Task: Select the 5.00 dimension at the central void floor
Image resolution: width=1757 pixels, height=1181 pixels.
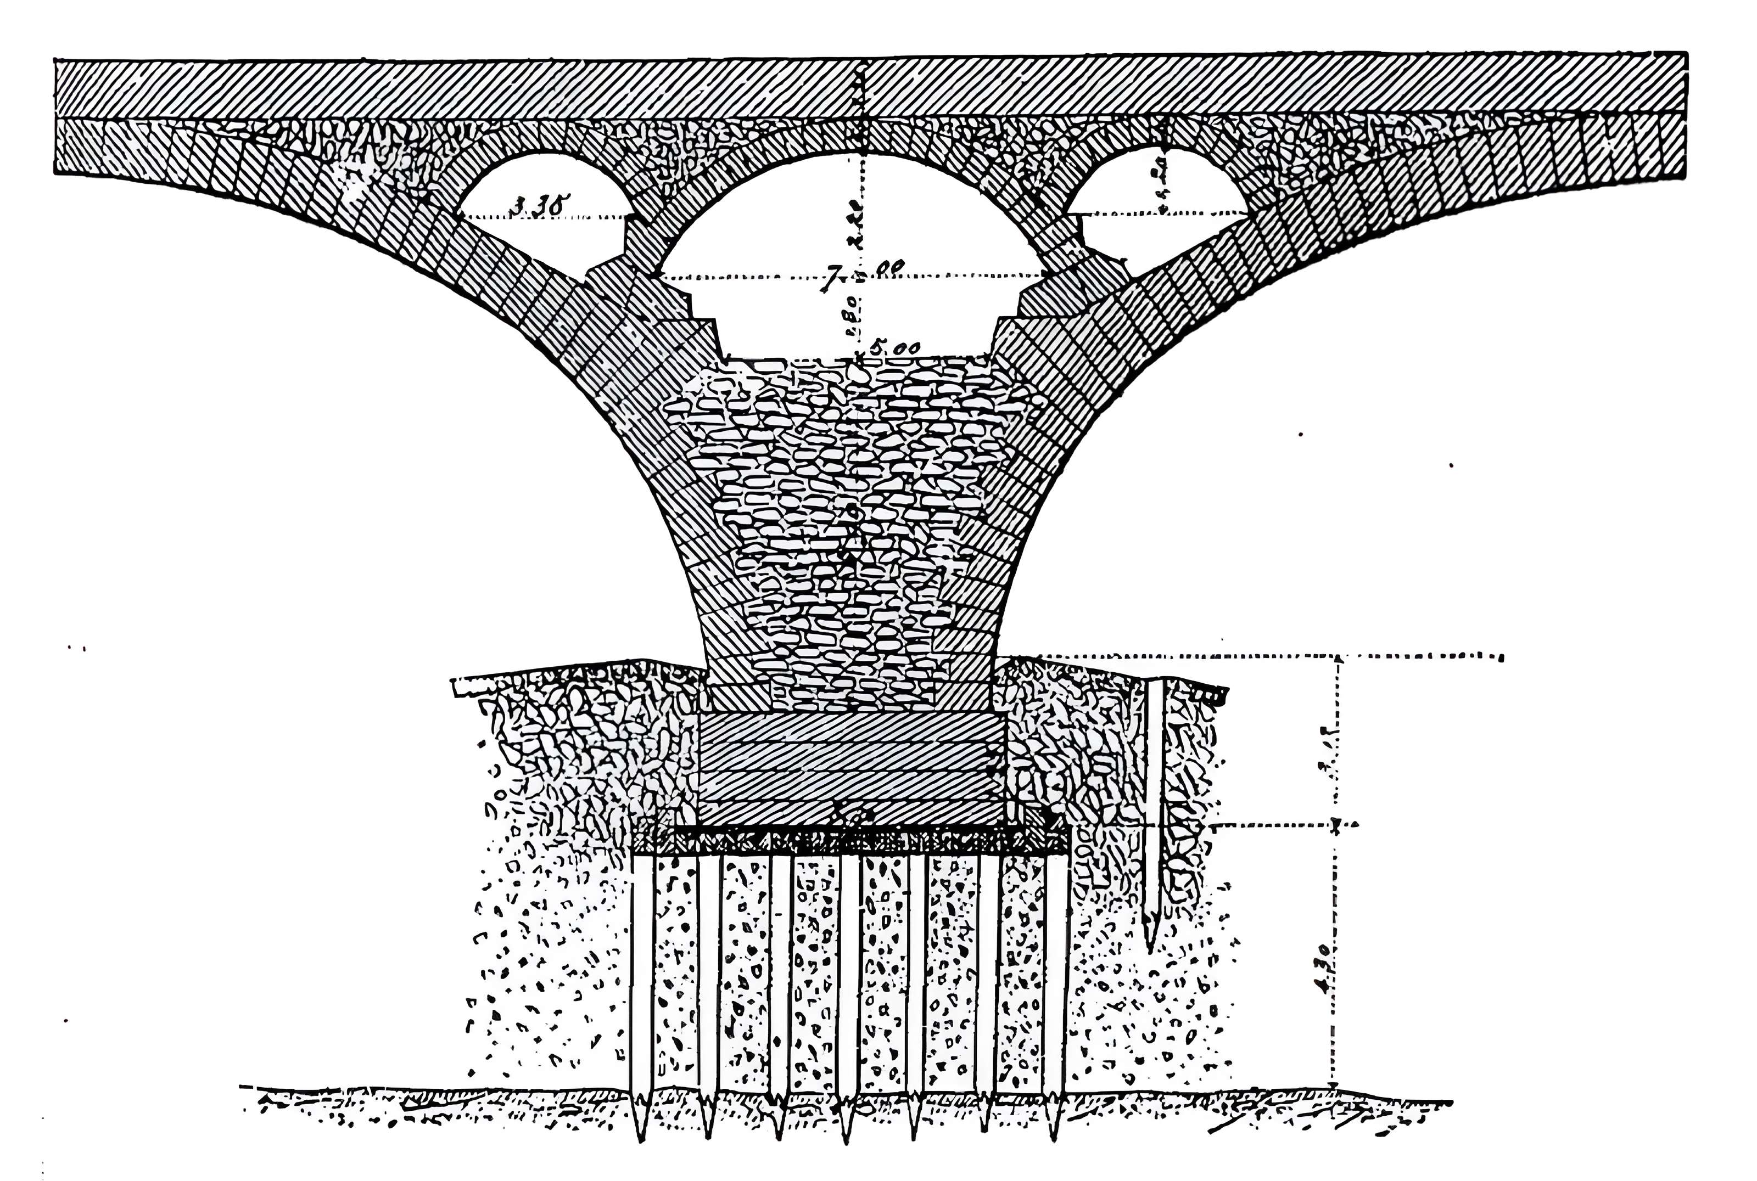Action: coord(894,348)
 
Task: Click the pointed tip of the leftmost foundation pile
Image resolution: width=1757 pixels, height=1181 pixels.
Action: coord(641,1140)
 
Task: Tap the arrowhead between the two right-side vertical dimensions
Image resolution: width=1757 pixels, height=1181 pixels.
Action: coord(1336,827)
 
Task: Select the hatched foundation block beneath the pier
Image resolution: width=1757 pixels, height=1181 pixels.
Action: coord(852,768)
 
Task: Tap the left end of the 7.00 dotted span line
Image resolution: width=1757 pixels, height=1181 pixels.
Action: coord(663,278)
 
